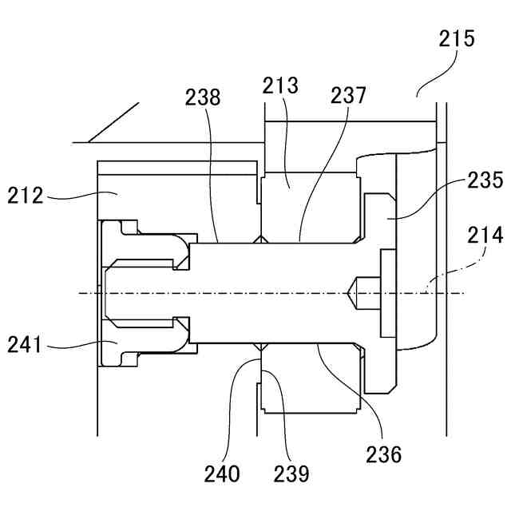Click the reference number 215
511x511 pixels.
[x=456, y=38]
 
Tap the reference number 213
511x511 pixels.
[x=282, y=86]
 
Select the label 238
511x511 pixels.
[x=203, y=97]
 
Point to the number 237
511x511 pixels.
[x=348, y=96]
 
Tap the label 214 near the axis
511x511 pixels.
[x=485, y=236]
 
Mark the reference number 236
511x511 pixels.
[x=383, y=455]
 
